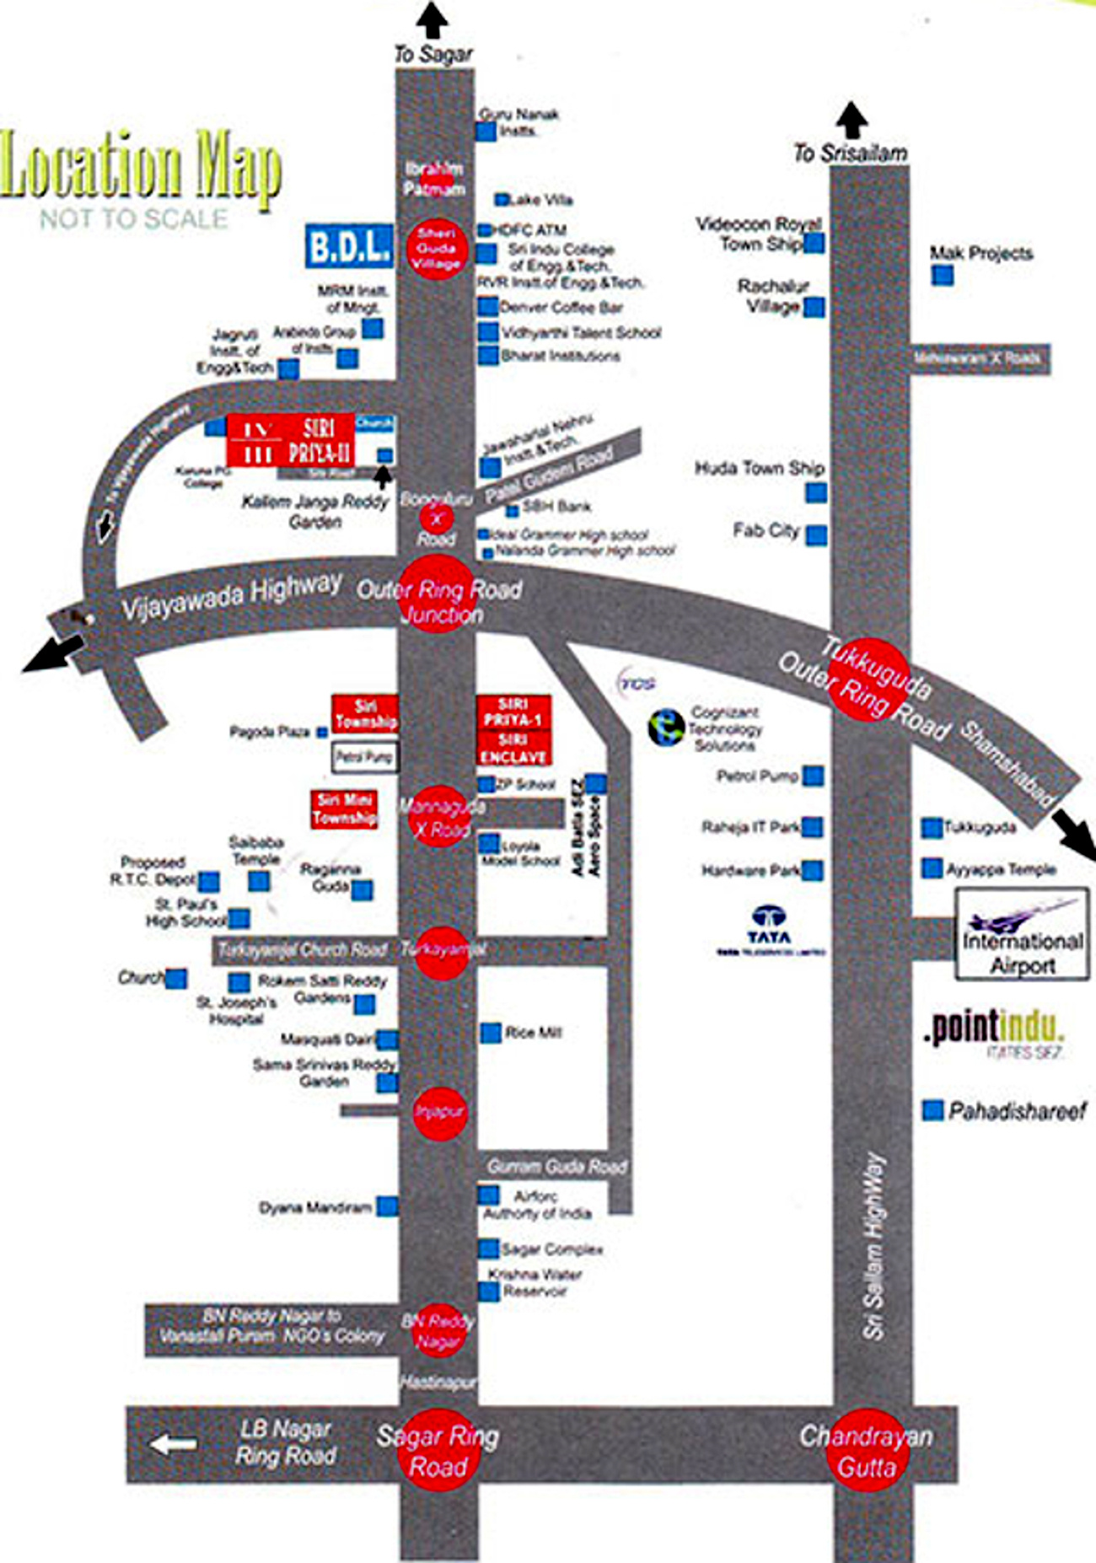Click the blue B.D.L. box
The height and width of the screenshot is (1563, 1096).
(x=349, y=246)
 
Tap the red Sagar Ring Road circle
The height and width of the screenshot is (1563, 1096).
(x=438, y=1450)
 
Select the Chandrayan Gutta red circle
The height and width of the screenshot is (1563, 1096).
(x=867, y=1450)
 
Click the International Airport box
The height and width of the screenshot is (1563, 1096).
(x=1022, y=935)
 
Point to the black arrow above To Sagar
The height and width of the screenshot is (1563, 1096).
(x=432, y=19)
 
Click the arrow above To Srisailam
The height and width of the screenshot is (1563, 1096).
(x=852, y=120)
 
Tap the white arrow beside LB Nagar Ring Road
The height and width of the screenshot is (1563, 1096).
(x=173, y=1444)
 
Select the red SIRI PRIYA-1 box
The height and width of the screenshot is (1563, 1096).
(x=513, y=712)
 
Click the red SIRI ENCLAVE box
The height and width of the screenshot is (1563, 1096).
(x=513, y=749)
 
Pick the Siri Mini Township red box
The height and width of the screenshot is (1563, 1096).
(x=344, y=809)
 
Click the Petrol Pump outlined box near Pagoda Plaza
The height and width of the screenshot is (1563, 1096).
(x=364, y=756)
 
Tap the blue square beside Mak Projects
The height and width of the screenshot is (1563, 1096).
(x=942, y=275)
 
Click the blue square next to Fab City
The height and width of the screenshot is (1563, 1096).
(x=816, y=534)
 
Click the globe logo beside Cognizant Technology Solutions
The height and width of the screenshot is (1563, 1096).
(x=666, y=728)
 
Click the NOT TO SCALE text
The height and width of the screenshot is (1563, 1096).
(x=133, y=219)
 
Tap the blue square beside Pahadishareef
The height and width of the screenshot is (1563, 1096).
(x=932, y=1110)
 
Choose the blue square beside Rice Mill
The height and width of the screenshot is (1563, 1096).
(x=490, y=1033)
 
